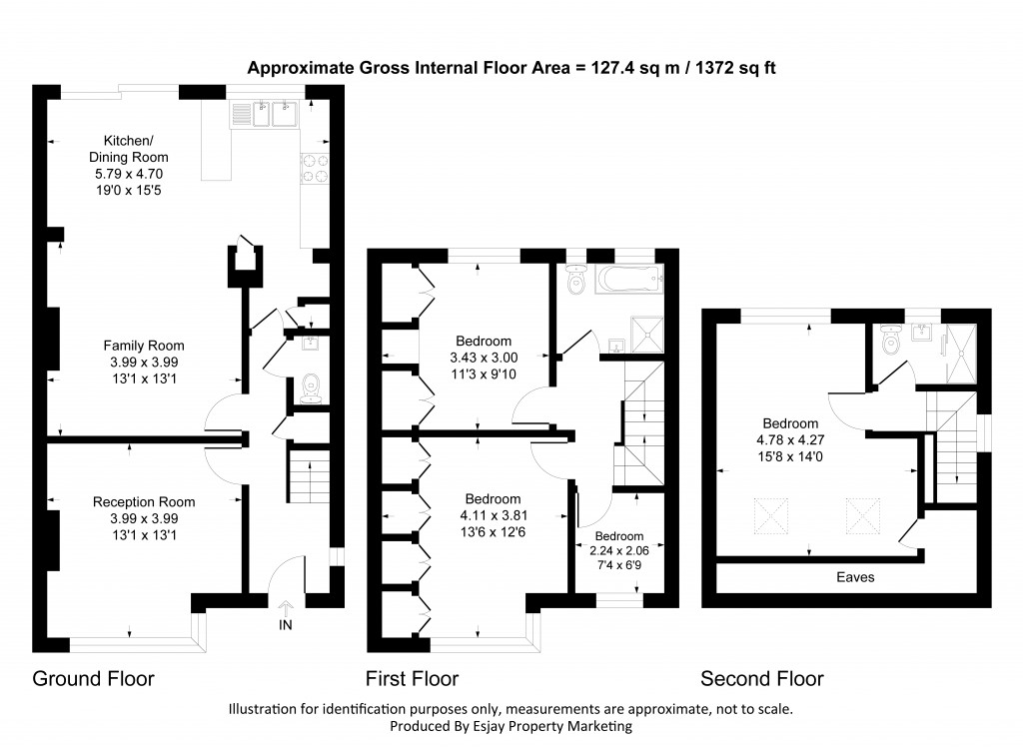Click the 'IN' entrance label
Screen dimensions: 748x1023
286,625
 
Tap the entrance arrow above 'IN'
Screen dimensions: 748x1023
286,607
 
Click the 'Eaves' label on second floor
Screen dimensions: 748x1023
855,577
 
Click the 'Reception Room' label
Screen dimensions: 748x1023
144,501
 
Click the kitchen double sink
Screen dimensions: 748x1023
268,114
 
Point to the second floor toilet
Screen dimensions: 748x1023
891,343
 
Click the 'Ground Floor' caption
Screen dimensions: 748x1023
94,679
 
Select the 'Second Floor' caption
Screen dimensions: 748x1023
761,679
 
